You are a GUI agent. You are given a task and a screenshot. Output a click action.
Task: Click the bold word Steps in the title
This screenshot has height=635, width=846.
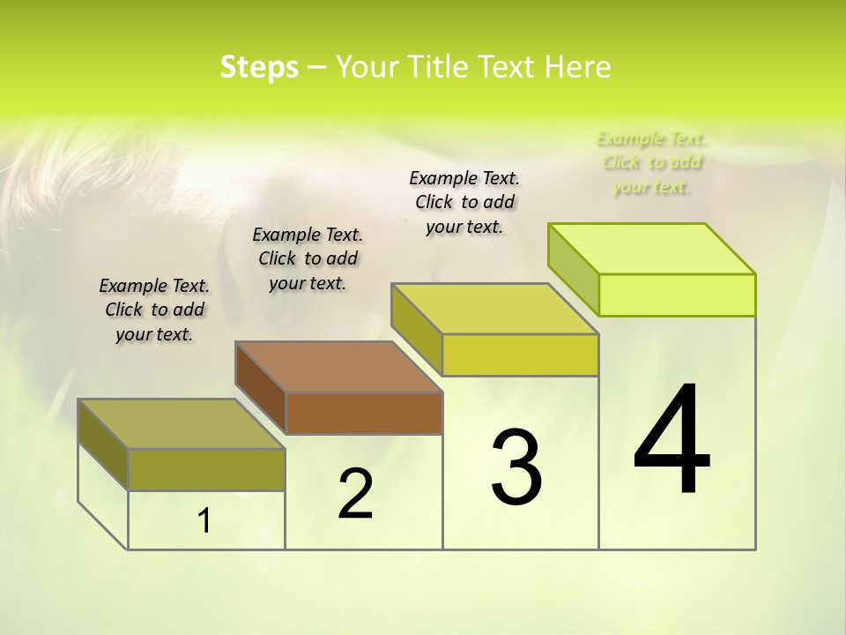[x=259, y=67]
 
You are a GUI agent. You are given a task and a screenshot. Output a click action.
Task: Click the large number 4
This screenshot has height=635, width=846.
[x=672, y=441]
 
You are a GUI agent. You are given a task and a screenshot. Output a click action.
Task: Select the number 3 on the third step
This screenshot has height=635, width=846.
[x=516, y=467]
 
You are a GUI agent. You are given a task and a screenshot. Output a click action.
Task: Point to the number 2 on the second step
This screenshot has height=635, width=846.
[x=355, y=495]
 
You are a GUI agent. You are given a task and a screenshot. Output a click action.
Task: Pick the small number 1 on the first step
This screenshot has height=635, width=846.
[x=204, y=521]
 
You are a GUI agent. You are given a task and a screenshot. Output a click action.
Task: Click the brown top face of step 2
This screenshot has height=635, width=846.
[x=338, y=367]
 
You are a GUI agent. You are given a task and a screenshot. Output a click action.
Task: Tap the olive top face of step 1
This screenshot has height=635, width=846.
[x=182, y=423]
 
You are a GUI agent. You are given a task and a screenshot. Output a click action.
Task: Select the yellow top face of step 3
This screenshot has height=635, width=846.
[x=495, y=309]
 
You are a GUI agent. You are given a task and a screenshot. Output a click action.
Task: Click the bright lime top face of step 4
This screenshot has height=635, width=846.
[x=652, y=249]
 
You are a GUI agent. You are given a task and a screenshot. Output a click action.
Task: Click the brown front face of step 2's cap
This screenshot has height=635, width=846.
[x=364, y=413]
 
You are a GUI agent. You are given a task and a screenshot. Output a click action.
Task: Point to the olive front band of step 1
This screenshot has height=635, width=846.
[x=206, y=469]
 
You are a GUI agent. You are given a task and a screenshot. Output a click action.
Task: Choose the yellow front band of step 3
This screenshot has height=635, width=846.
[x=520, y=355]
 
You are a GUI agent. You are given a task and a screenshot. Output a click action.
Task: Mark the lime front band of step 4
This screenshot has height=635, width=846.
[x=677, y=295]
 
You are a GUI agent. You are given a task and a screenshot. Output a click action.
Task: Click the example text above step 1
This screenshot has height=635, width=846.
[x=154, y=310]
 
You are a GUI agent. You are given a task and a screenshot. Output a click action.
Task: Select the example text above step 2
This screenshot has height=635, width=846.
[x=308, y=258]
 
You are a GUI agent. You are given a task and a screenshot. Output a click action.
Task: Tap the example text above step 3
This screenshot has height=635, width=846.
[x=464, y=202]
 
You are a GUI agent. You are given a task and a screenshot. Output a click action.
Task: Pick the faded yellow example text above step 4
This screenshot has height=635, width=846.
[x=652, y=162]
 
